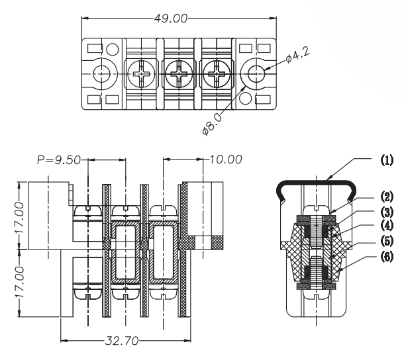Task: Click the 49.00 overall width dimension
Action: point(171,18)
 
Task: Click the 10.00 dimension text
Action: point(226,159)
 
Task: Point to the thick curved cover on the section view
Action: point(315,181)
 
